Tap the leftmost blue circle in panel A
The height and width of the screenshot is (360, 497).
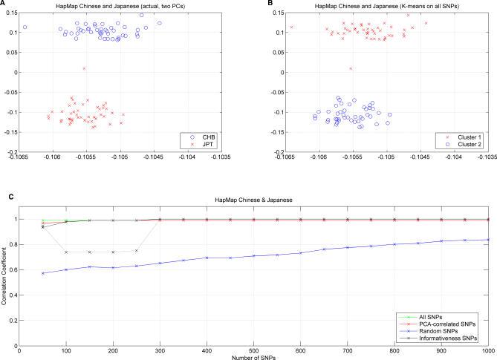(x=25, y=27)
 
